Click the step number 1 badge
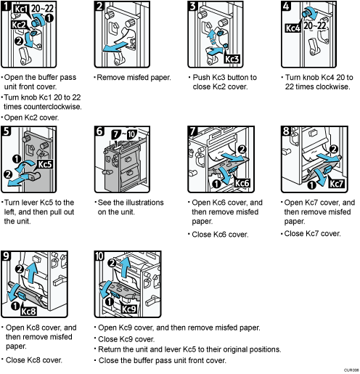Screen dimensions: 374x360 coord(7,7)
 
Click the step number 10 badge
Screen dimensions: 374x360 coord(100,256)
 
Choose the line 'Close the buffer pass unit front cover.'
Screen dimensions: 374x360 coord(165,359)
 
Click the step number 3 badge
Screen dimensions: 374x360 coord(192,7)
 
